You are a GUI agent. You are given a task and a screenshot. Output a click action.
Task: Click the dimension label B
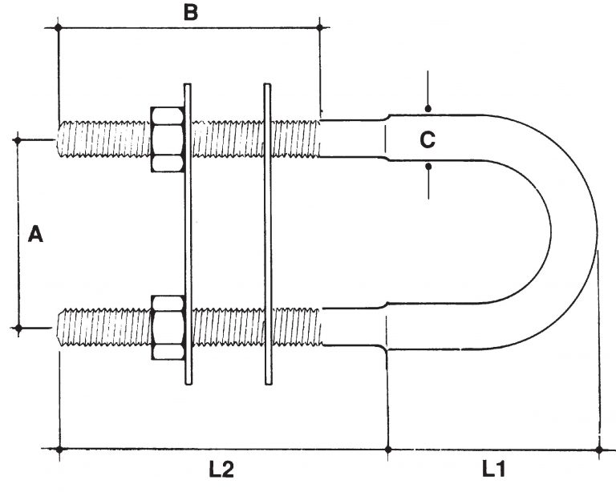pos(191,13)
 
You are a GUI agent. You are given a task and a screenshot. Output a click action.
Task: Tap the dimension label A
pos(35,234)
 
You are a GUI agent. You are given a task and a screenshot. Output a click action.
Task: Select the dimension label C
pos(428,139)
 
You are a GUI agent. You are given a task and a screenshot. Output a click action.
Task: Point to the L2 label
pos(221,470)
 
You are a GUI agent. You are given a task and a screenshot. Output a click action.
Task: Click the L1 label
pos(494,469)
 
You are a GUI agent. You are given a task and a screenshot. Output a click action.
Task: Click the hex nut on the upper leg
pos(168,139)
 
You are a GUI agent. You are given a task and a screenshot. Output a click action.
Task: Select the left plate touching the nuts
pos(188,234)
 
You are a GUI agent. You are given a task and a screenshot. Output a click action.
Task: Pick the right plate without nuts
pos(268,234)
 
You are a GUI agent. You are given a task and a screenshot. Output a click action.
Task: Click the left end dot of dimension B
pos(59,27)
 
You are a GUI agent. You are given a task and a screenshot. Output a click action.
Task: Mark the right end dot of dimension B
pos(319,27)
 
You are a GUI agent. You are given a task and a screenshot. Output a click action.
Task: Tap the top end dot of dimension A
pos(18,139)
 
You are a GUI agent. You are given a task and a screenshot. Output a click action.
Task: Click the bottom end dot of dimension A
pos(18,328)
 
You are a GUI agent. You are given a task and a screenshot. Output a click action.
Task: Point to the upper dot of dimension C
pos(428,108)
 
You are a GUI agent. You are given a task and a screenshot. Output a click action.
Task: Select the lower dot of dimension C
pos(428,167)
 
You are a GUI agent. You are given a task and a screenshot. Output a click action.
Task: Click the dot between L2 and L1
pos(388,449)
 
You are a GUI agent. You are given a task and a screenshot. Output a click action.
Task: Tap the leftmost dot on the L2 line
pos(59,449)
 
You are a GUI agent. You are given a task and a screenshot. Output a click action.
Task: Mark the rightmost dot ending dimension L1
pos(599,450)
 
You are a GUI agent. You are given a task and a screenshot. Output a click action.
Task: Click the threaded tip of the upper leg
pos(59,139)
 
